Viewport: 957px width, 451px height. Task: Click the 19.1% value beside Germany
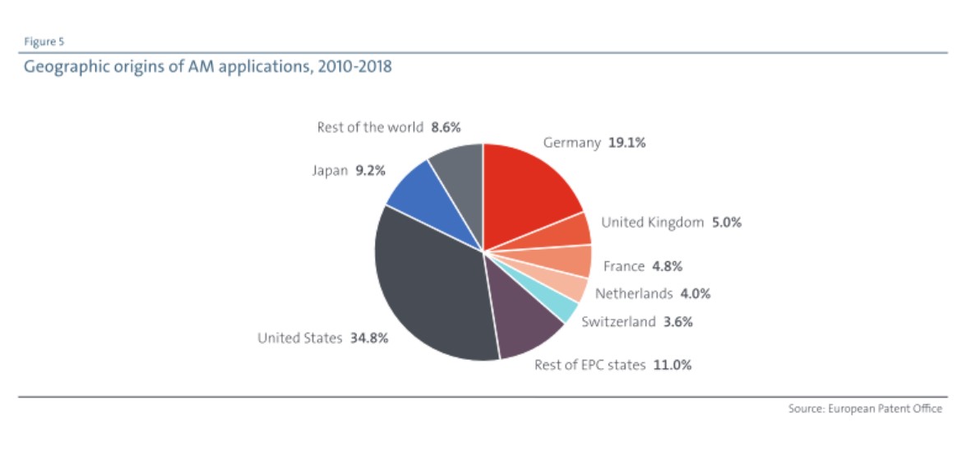click(x=626, y=143)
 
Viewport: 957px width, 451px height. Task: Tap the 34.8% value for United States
click(x=368, y=338)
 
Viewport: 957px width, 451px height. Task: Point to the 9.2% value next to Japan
click(x=370, y=172)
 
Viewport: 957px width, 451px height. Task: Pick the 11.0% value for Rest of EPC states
click(x=672, y=365)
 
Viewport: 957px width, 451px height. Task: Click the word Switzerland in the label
click(x=618, y=322)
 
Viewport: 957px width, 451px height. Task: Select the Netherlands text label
click(x=634, y=293)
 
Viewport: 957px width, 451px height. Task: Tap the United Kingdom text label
click(x=652, y=223)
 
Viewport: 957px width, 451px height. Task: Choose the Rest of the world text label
click(x=370, y=127)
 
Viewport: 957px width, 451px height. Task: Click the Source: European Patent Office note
click(x=865, y=408)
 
